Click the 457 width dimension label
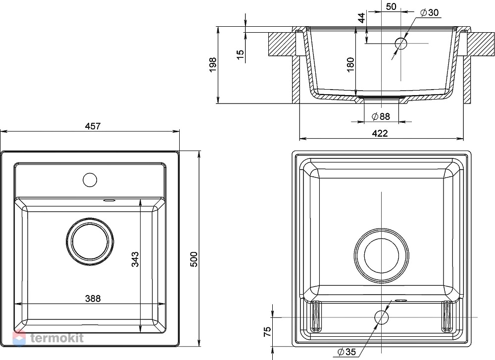click(93, 126)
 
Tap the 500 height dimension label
click(194, 259)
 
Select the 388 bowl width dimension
click(93, 299)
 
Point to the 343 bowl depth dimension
click(135, 259)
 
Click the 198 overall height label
click(213, 65)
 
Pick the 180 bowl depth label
click(350, 65)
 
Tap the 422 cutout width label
click(380, 133)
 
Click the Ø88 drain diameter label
click(381, 116)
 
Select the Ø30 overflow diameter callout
click(430, 12)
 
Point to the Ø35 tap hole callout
click(346, 352)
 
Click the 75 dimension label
click(267, 331)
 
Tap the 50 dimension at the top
click(391, 6)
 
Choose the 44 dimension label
click(362, 18)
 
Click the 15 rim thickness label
click(241, 54)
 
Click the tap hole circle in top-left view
click(90, 180)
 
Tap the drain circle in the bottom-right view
click(381, 255)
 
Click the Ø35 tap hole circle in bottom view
click(381, 317)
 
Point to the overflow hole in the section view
click(401, 43)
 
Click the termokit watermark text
click(57, 338)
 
